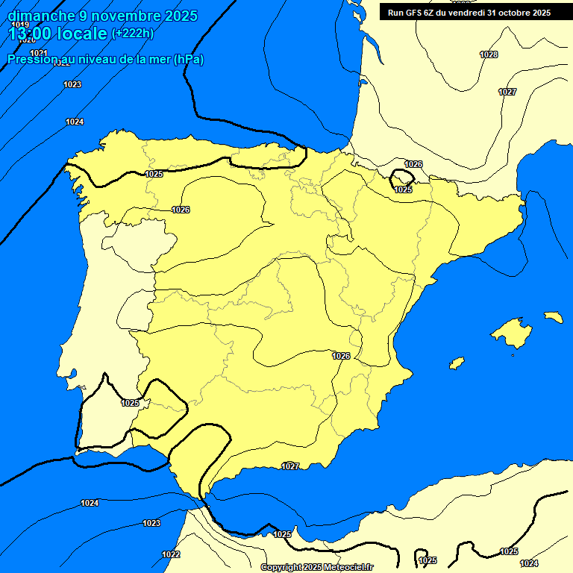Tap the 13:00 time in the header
point(30,34)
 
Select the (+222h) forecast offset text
point(132,34)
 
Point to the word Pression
point(32,60)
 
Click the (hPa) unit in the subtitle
point(189,60)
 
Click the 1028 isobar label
point(489,54)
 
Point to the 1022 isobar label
point(171,554)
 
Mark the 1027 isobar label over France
point(507,92)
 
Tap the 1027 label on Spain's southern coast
point(290,466)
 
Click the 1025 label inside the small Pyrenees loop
point(403,190)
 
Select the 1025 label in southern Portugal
point(130,403)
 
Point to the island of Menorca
point(554,317)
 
